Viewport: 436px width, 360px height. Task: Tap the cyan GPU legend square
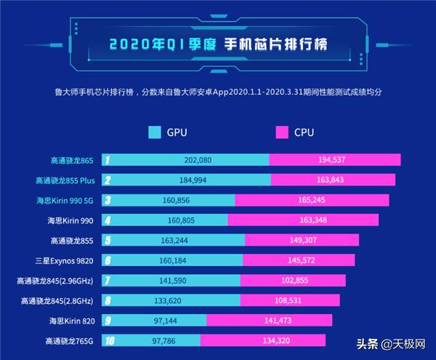155,133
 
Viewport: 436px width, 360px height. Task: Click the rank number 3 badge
107,200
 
